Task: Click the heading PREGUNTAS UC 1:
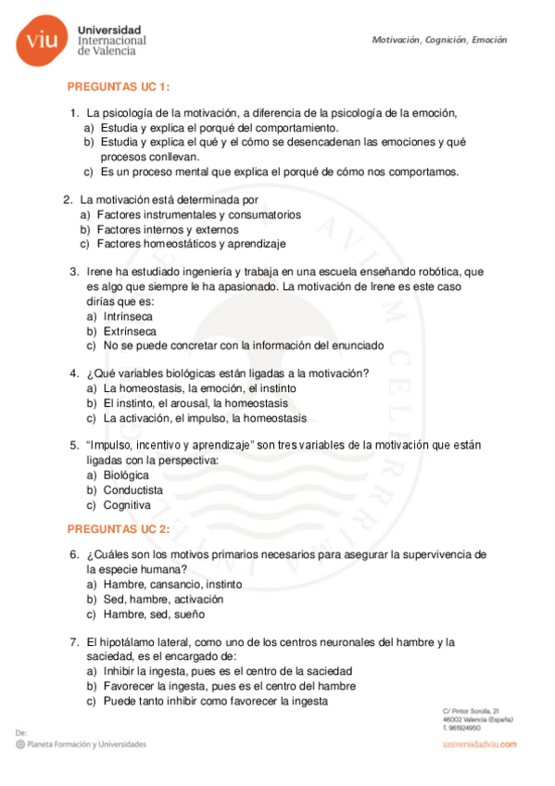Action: (119, 86)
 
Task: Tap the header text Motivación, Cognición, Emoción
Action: (439, 40)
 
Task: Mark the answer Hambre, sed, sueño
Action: (154, 614)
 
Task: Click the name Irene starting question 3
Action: (100, 272)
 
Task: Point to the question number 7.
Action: (73, 641)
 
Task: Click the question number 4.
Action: (73, 374)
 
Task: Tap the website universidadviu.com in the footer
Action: (479, 744)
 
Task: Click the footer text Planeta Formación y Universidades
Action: (87, 743)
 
